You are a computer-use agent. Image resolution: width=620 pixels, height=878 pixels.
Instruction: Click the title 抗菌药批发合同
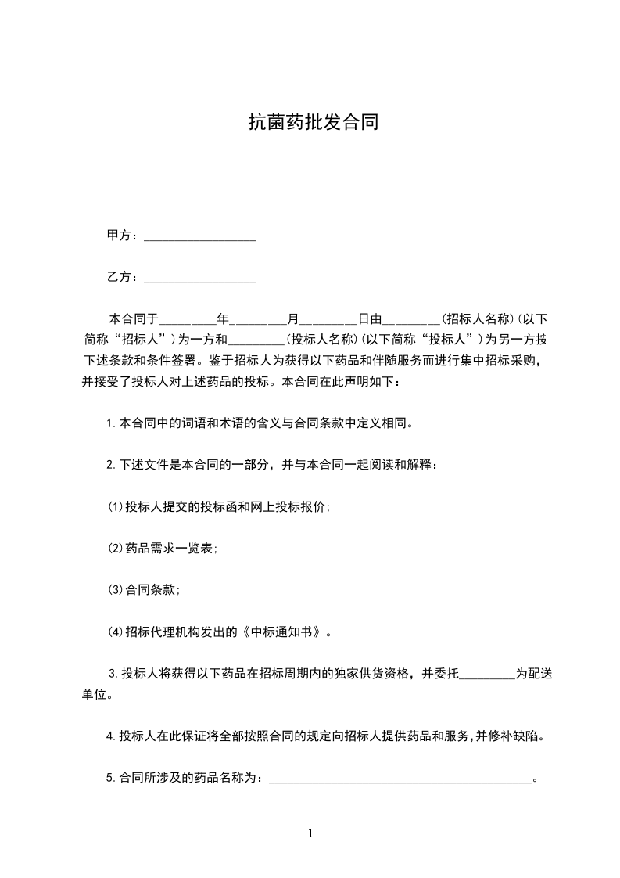click(x=313, y=122)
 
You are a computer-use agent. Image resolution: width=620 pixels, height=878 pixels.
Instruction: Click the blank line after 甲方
click(x=200, y=236)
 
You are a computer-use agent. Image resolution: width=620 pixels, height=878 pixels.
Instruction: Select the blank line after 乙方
click(x=200, y=278)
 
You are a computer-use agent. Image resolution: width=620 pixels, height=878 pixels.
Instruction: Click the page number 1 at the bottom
click(x=310, y=833)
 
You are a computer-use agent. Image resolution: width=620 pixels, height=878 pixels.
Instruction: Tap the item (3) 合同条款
click(x=144, y=589)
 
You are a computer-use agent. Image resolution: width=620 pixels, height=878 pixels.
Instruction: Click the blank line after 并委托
click(x=486, y=674)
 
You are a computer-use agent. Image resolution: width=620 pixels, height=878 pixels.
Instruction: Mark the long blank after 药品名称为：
click(x=400, y=779)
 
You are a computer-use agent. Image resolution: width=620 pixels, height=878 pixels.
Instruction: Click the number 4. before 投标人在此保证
click(x=111, y=736)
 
